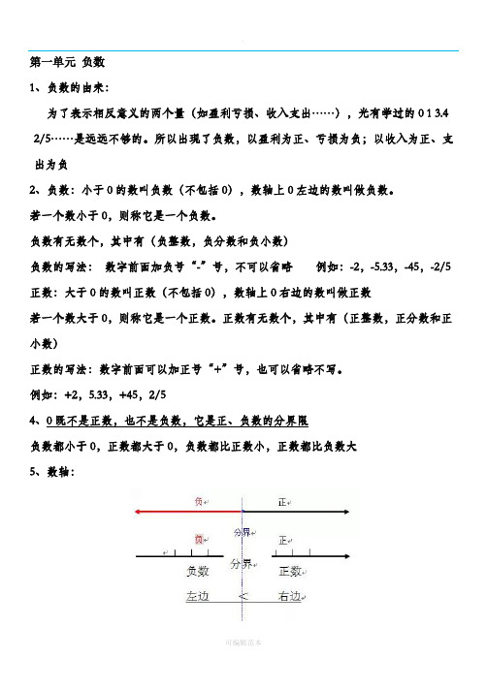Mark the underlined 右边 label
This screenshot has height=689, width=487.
point(292,597)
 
